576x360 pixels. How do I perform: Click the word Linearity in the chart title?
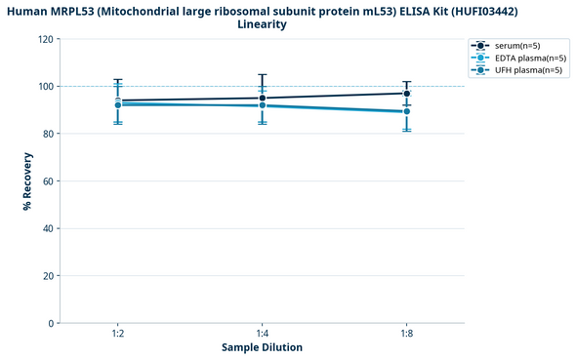262,24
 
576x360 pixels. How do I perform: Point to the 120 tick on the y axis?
46,39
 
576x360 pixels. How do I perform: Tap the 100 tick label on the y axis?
46,87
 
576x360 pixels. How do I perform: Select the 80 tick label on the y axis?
48,134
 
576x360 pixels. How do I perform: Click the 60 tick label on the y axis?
48,181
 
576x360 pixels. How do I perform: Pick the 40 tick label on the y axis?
48,228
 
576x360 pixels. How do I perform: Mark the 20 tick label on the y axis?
48,276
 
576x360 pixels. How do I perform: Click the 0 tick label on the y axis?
51,323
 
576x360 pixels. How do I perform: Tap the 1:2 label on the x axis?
117,334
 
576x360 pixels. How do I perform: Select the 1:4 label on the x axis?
262,334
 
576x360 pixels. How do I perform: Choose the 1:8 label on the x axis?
406,334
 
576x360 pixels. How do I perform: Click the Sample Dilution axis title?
262,347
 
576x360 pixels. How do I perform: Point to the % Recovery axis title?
27,181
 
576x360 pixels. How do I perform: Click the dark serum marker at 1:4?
262,98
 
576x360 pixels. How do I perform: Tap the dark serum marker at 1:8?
406,94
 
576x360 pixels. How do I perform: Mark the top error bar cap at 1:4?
262,74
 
